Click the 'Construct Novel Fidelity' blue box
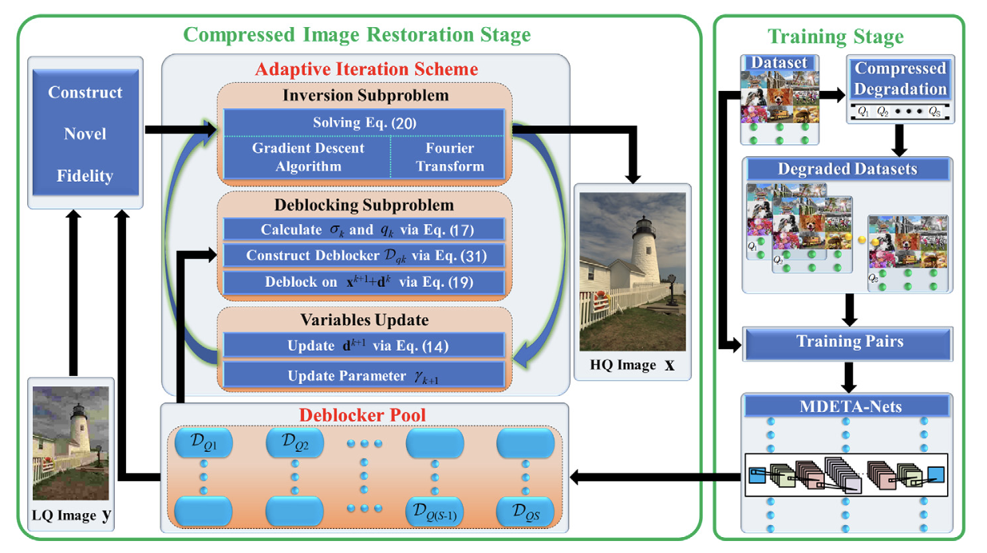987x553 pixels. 85,132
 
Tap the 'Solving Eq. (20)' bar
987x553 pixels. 364,123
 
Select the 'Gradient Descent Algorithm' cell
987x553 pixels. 307,157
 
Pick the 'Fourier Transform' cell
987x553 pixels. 448,157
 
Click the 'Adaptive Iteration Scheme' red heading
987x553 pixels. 366,69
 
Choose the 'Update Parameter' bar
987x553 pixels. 364,375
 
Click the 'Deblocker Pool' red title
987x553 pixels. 362,415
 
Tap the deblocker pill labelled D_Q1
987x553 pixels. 203,442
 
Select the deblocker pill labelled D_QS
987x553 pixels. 525,512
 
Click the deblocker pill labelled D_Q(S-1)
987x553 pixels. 435,512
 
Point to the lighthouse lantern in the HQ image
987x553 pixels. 644,226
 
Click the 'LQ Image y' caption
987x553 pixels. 71,516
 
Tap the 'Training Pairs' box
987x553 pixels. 848,343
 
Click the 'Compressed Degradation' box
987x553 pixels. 900,79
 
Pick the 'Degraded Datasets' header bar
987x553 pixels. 847,169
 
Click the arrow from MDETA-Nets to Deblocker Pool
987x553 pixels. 655,477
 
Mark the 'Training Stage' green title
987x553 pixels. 835,37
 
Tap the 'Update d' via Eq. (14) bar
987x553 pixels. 364,345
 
